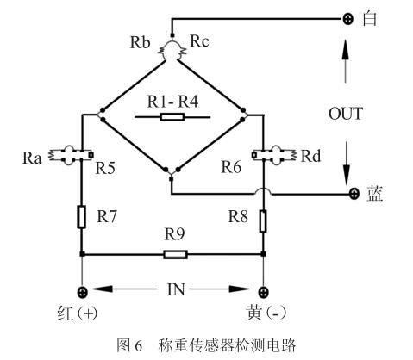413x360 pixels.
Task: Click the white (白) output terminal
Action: (x=349, y=18)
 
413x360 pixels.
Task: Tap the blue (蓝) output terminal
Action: (x=353, y=196)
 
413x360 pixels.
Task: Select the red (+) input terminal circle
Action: (x=83, y=290)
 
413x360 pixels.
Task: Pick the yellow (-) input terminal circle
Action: (x=262, y=290)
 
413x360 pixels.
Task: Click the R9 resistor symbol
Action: (x=175, y=254)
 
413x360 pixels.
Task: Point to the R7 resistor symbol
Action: (x=83, y=216)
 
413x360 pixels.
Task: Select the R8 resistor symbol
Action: (x=262, y=221)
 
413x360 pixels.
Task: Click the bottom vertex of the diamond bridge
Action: (x=172, y=177)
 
